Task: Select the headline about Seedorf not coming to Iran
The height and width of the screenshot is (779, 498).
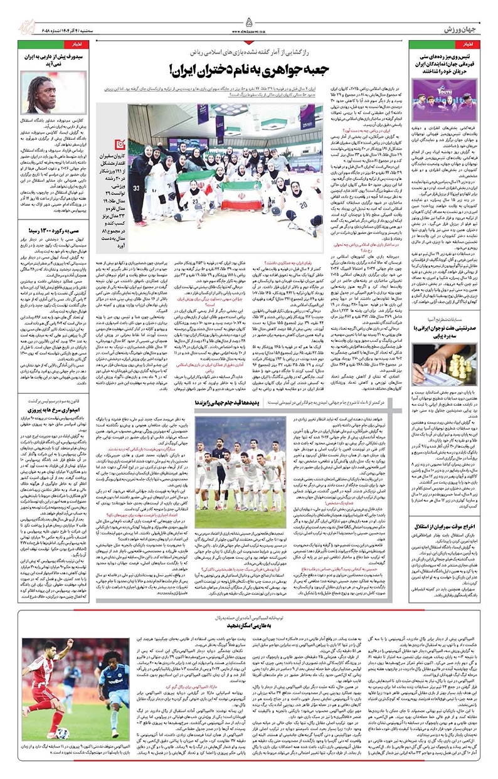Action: point(51,60)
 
